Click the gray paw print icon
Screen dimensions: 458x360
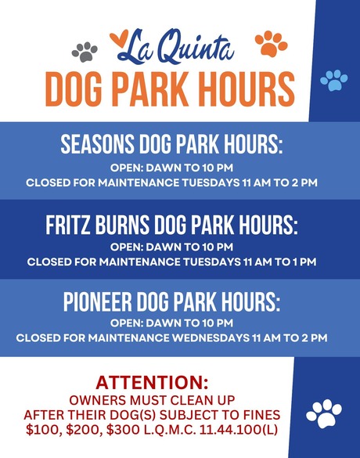[x=85, y=52]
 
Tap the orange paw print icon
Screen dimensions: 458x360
[x=272, y=43]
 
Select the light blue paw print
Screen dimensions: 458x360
[x=334, y=79]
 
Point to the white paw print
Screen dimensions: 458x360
[x=325, y=413]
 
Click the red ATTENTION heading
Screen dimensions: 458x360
[x=152, y=384]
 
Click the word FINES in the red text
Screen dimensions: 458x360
[x=257, y=414]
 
